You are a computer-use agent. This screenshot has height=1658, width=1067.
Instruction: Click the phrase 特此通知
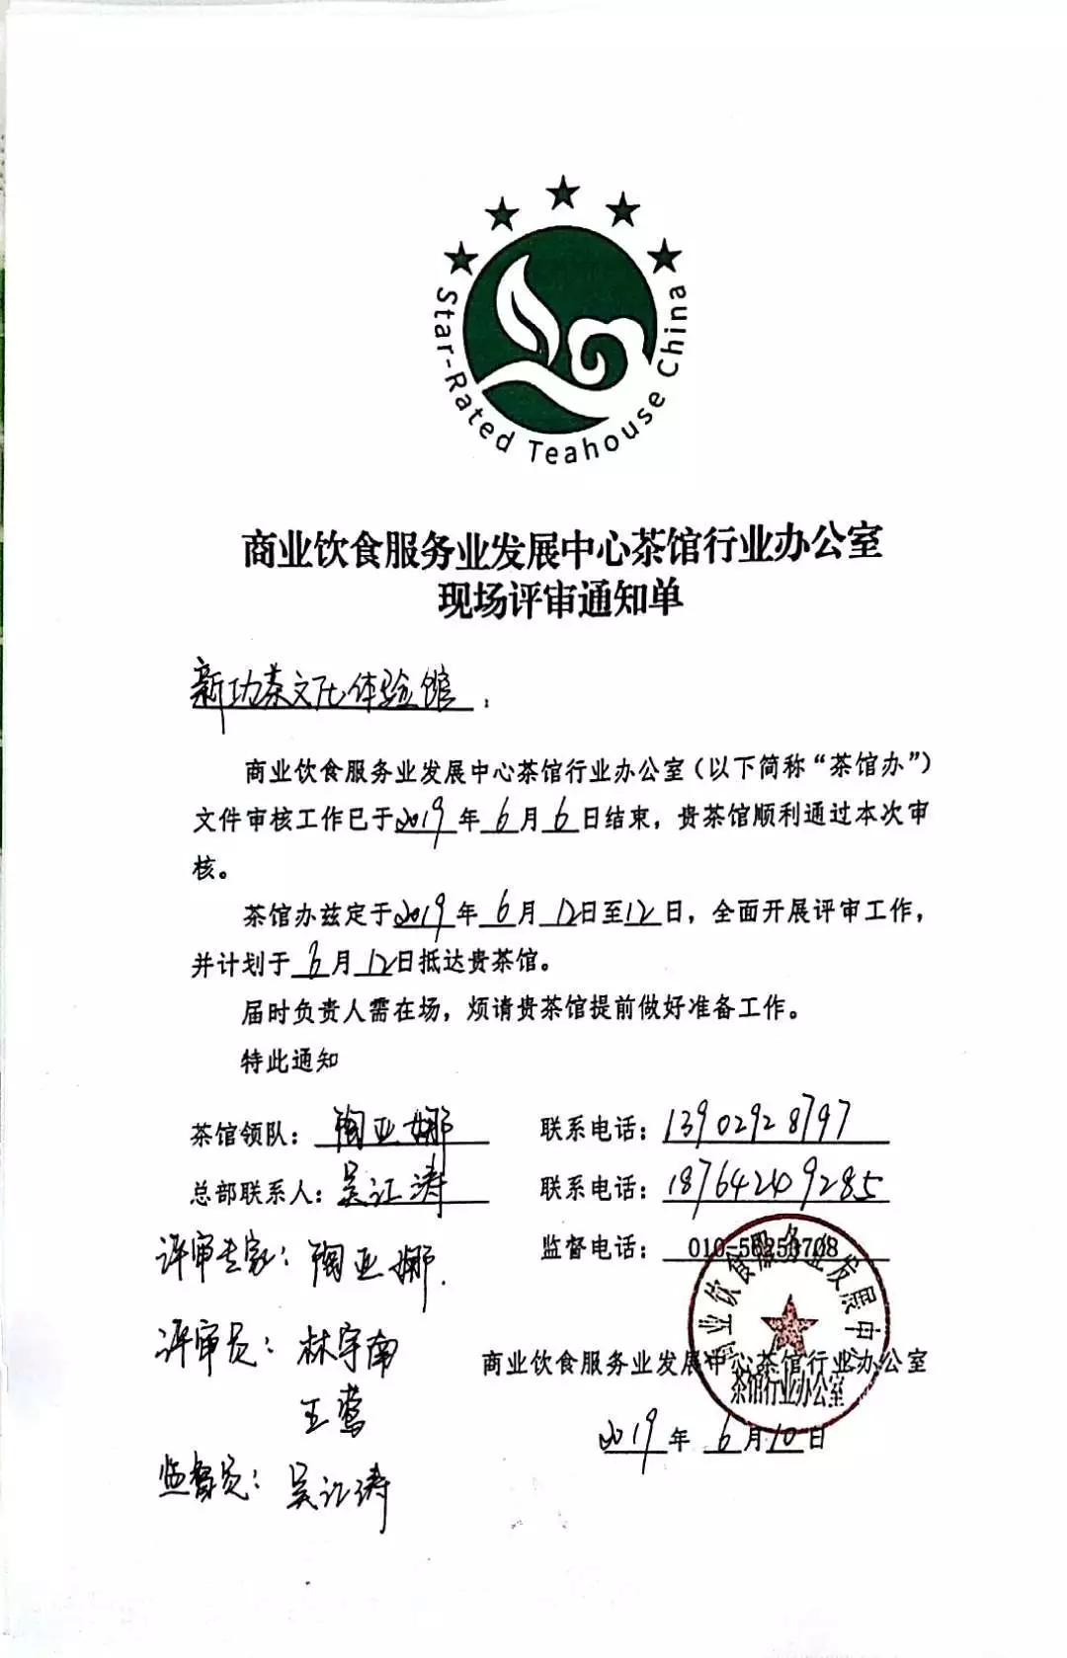pos(289,1062)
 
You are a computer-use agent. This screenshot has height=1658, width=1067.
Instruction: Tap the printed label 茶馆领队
pos(245,1135)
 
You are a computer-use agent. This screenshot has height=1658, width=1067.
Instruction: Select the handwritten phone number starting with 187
pos(774,1183)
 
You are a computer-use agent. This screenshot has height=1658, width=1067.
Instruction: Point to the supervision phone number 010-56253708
pos(763,1248)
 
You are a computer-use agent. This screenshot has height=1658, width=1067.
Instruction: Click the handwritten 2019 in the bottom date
pos(629,1439)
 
